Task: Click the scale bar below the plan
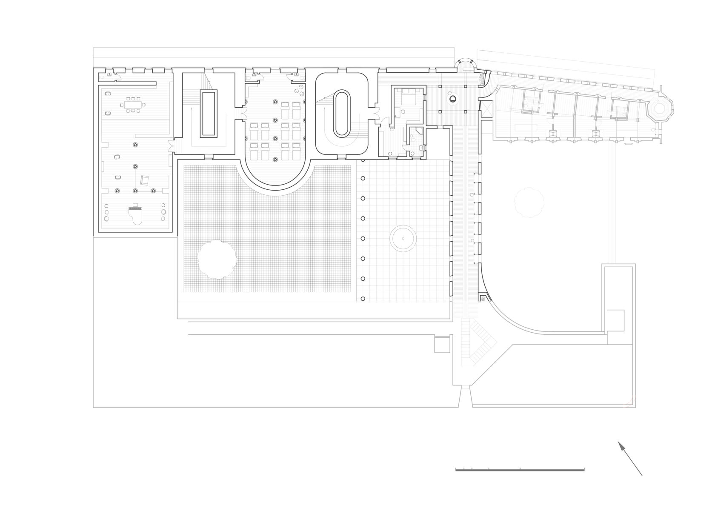pyautogui.click(x=520, y=470)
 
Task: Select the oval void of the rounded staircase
pyautogui.click(x=342, y=113)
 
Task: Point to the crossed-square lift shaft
pyautogui.click(x=486, y=108)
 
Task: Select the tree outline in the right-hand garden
pyautogui.click(x=529, y=201)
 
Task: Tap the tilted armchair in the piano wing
pyautogui.click(x=145, y=180)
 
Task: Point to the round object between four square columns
pyautogui.click(x=453, y=98)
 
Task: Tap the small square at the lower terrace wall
pyautogui.click(x=442, y=344)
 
